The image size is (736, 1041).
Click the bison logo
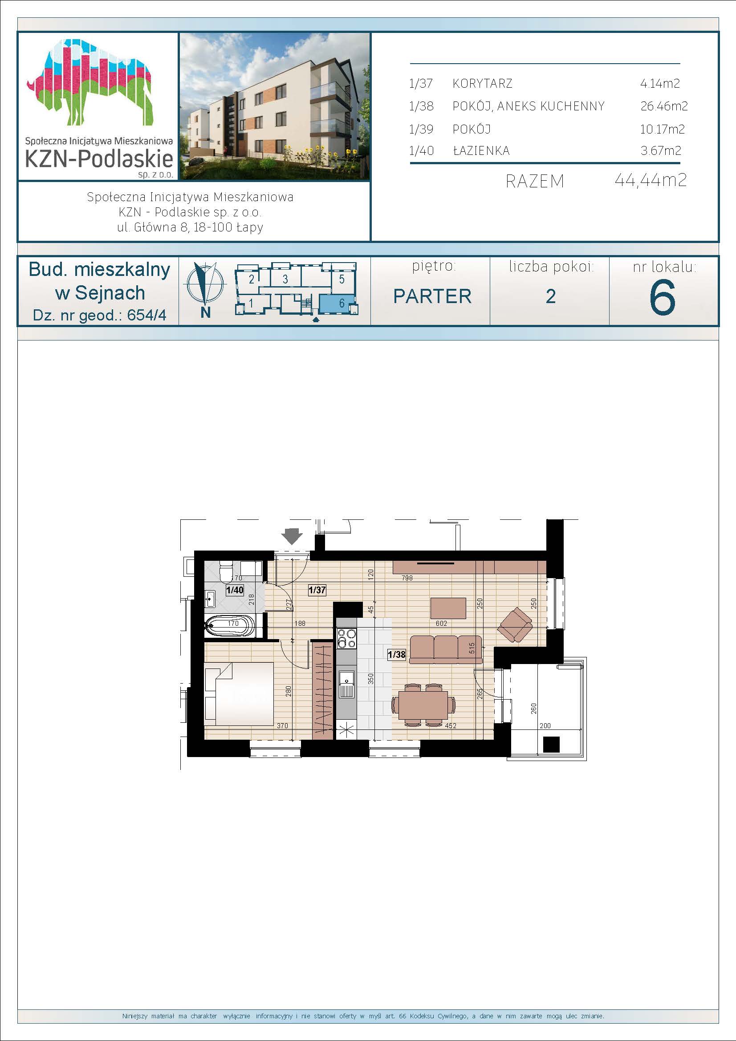(x=91, y=82)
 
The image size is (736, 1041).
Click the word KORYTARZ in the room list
(x=483, y=83)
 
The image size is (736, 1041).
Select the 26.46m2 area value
(x=664, y=106)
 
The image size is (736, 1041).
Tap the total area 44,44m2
(x=651, y=180)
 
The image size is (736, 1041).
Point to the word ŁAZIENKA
(x=481, y=150)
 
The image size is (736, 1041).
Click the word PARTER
(x=432, y=296)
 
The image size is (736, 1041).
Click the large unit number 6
(x=663, y=297)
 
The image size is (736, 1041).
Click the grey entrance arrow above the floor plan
(x=292, y=536)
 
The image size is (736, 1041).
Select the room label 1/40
(x=235, y=590)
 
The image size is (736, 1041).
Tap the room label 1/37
(x=317, y=590)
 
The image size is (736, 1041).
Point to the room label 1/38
(x=397, y=654)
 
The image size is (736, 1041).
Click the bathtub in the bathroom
(x=230, y=626)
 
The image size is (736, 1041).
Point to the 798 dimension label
(x=407, y=578)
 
